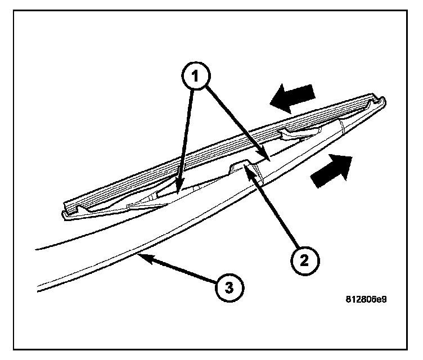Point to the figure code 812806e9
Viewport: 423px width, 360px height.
pos(366,299)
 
